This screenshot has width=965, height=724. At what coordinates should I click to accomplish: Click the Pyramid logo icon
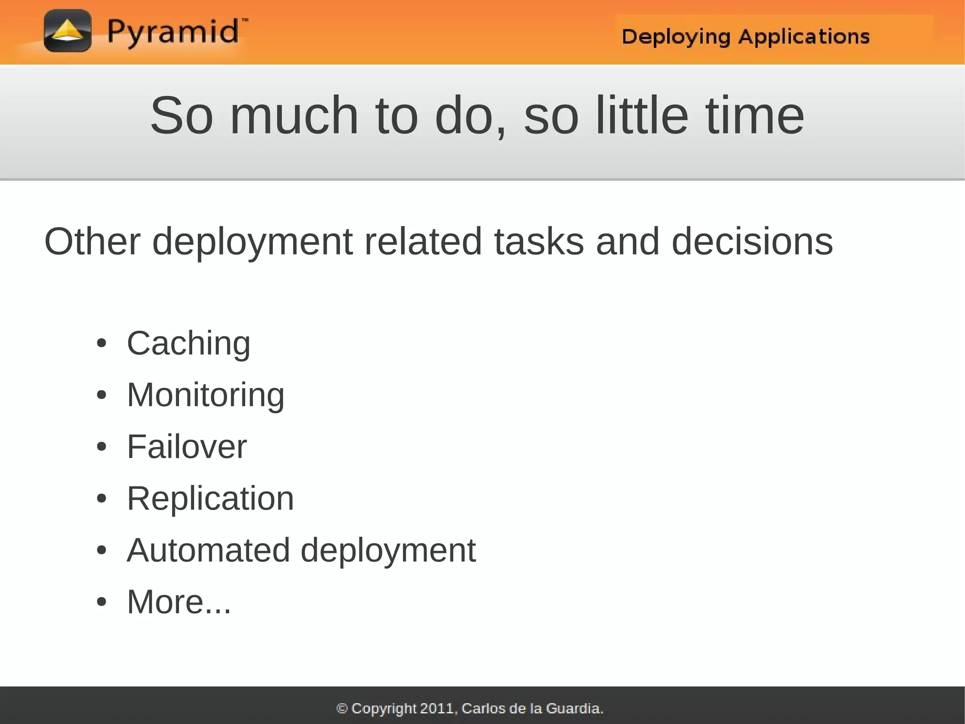coord(67,31)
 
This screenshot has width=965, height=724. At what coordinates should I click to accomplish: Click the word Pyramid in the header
coord(173,32)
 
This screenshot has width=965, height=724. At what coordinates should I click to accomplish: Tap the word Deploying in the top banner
coord(675,37)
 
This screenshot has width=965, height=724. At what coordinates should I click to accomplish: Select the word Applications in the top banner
coord(804,36)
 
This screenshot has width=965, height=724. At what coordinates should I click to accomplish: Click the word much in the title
coord(294,116)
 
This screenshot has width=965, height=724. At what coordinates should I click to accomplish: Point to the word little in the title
coord(642,116)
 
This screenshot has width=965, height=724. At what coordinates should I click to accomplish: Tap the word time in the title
coord(755,116)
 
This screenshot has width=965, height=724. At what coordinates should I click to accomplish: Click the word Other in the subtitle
coord(92,241)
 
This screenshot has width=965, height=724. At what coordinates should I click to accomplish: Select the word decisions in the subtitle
coord(752,241)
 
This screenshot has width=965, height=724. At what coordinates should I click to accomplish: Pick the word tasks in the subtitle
coord(539,241)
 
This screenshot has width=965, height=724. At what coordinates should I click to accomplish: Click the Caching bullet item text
coord(188,343)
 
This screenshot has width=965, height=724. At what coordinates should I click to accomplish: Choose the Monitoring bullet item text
coord(205,395)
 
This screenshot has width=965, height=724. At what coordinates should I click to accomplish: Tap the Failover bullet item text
coord(187,447)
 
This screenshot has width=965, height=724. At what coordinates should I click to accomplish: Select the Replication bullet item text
coord(210,499)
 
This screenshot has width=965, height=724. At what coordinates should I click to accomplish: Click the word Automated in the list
coord(208,550)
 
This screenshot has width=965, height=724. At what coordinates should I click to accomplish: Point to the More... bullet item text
coord(179,602)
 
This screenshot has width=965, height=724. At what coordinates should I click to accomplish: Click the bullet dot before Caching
coord(101,343)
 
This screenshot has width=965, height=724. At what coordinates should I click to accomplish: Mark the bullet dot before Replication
coord(101,499)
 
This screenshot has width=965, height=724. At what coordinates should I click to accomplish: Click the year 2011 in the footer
coord(437,708)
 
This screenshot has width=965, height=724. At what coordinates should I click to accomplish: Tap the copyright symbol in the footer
coord(342,708)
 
